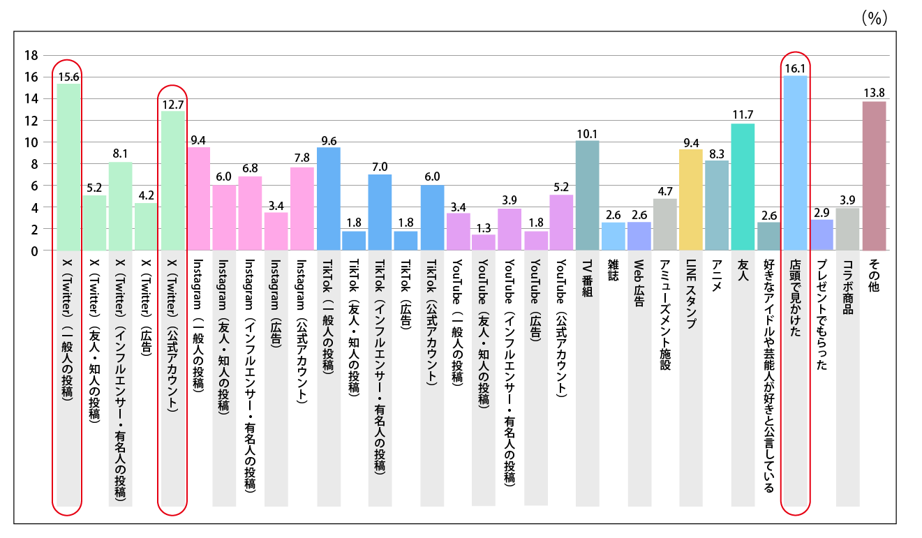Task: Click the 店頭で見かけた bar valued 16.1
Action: click(795, 163)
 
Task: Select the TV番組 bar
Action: click(587, 195)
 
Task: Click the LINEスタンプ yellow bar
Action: click(691, 200)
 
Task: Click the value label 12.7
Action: click(172, 105)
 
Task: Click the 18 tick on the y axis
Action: click(30, 56)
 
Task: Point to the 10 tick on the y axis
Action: click(30, 142)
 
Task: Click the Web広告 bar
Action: click(639, 236)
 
